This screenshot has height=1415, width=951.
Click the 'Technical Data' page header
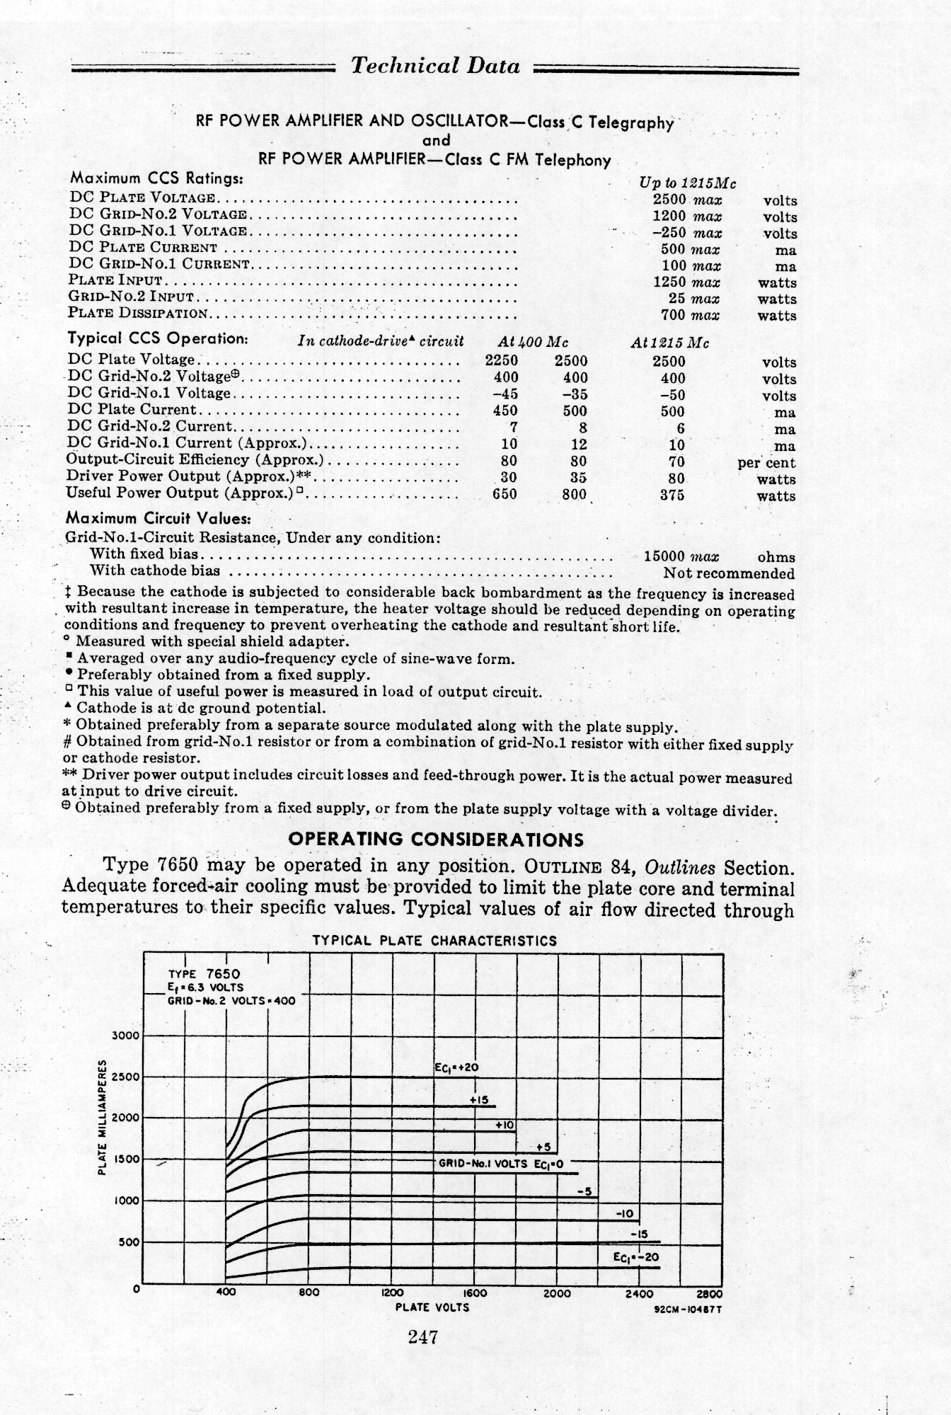[435, 67]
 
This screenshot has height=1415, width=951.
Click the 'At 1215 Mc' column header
[669, 343]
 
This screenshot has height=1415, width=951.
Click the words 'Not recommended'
[729, 573]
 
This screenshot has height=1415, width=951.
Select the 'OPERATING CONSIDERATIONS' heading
[437, 840]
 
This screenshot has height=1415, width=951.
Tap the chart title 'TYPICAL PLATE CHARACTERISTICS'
[434, 941]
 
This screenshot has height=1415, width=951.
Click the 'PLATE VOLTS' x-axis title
[432, 1307]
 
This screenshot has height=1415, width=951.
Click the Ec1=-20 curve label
[636, 1257]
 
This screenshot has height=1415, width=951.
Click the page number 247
[424, 1337]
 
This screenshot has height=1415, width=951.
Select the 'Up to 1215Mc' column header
[688, 183]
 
